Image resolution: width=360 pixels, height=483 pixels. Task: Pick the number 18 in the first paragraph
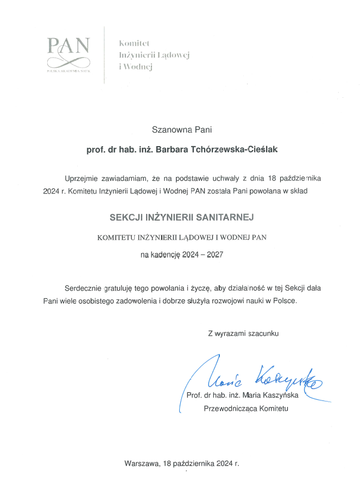coord(273,178)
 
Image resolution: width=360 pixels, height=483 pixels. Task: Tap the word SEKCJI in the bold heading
coord(124,216)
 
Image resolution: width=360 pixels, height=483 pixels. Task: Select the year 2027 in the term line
coord(214,254)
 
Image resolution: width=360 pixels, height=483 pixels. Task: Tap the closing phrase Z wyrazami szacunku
coord(243,334)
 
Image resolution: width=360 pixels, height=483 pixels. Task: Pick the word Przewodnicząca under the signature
coord(230,409)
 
